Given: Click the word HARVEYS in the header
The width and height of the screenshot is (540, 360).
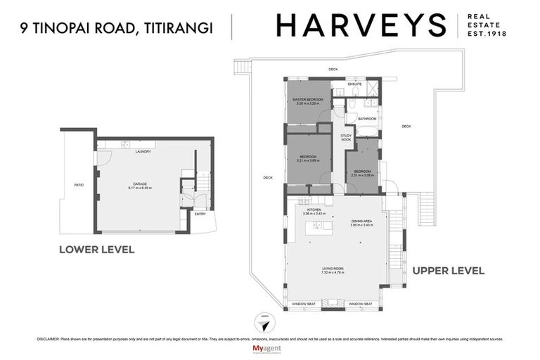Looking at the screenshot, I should coord(361,25).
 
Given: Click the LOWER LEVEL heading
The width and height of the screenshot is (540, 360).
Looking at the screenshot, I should coord(97,249).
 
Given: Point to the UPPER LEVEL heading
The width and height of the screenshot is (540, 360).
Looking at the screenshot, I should coord(448,270).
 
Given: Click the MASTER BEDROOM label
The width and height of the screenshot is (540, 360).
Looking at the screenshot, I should coord(308,100).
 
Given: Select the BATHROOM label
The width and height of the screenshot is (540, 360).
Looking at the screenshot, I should coord(367,119).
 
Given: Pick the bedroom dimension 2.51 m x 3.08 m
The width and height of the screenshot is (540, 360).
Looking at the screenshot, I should coord(362,176).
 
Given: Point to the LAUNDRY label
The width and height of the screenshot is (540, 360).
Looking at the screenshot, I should coord(143,151).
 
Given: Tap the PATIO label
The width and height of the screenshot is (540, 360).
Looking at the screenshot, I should coord(79,185).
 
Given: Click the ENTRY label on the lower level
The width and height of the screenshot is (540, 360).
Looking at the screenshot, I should coord(200,214).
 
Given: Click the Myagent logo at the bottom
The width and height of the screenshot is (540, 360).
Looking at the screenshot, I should coord(269,349).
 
